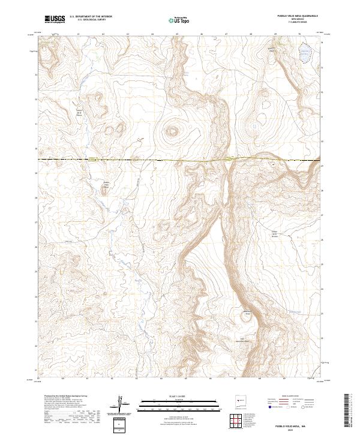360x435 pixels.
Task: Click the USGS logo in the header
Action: tap(55, 19)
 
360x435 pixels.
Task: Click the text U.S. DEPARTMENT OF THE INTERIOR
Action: tap(91, 17)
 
